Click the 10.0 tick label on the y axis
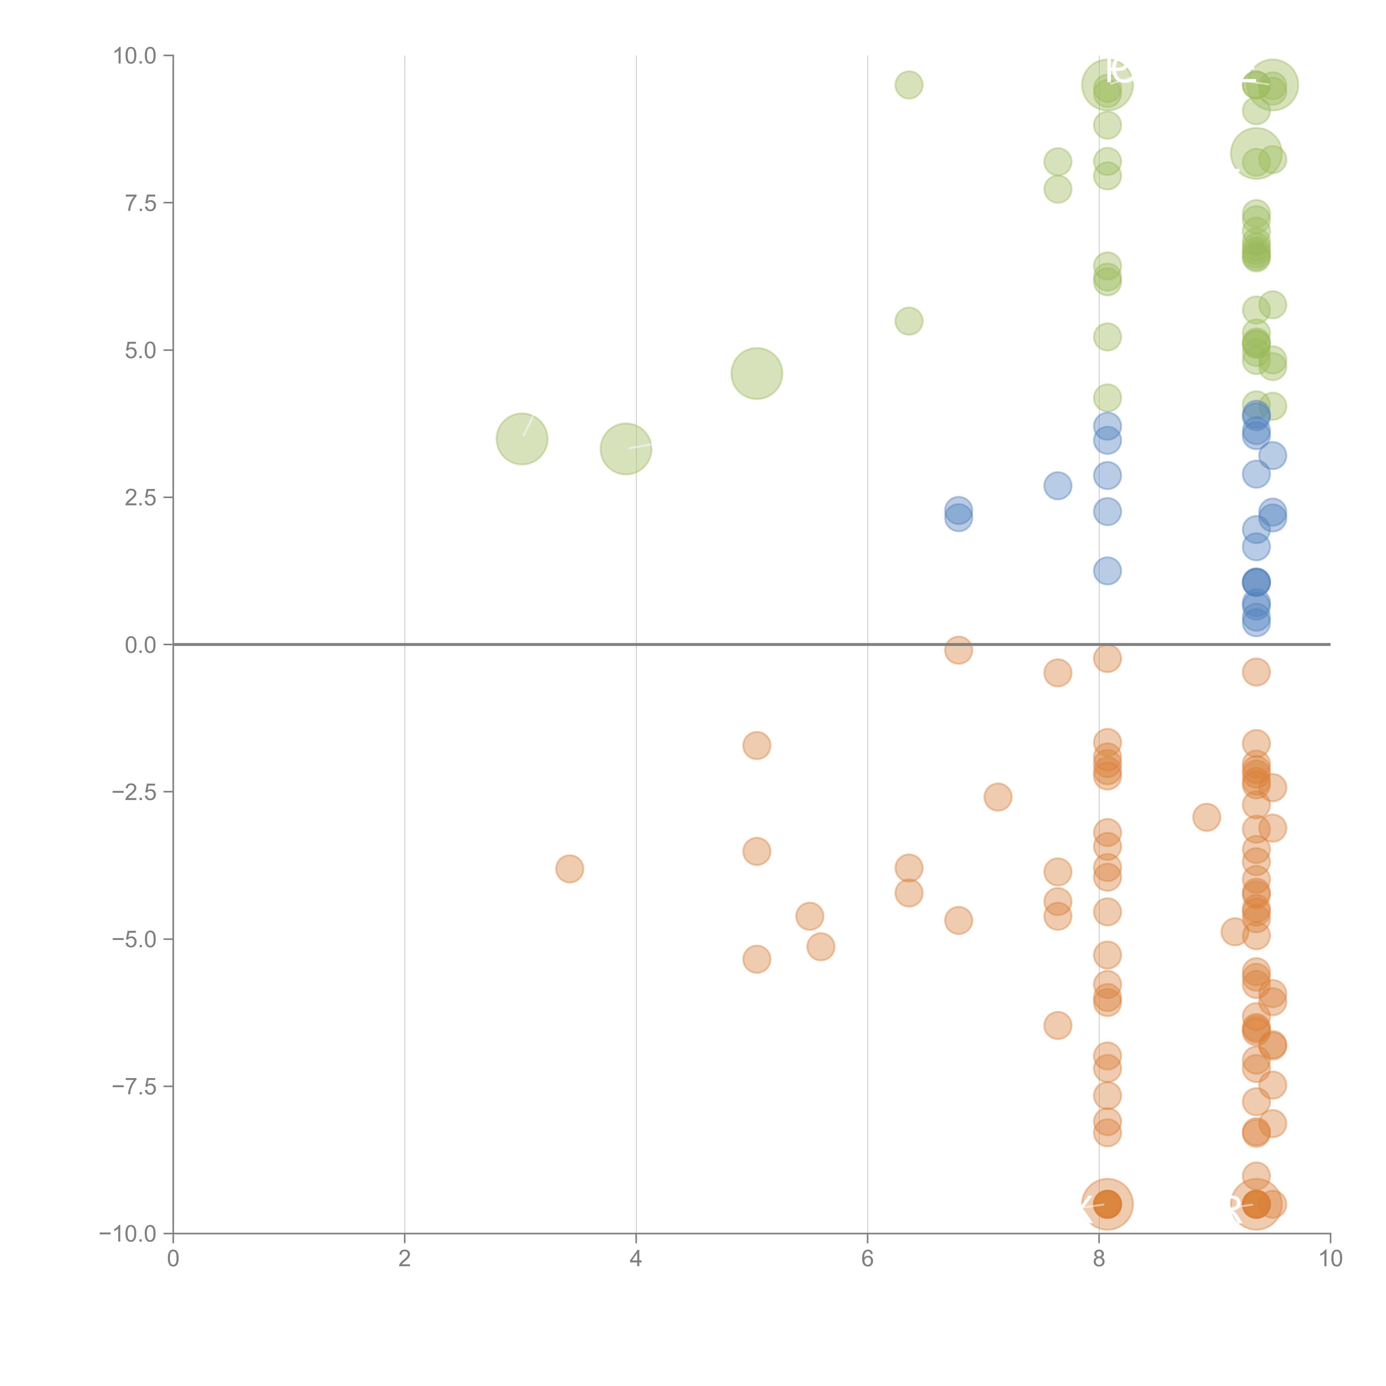(135, 56)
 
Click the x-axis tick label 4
(636, 1259)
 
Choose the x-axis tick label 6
(867, 1259)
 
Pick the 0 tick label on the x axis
(173, 1259)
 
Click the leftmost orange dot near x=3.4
(570, 869)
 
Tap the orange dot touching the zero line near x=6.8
(959, 650)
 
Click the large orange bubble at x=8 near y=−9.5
(1108, 1204)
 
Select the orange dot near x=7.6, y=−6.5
(1058, 1025)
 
